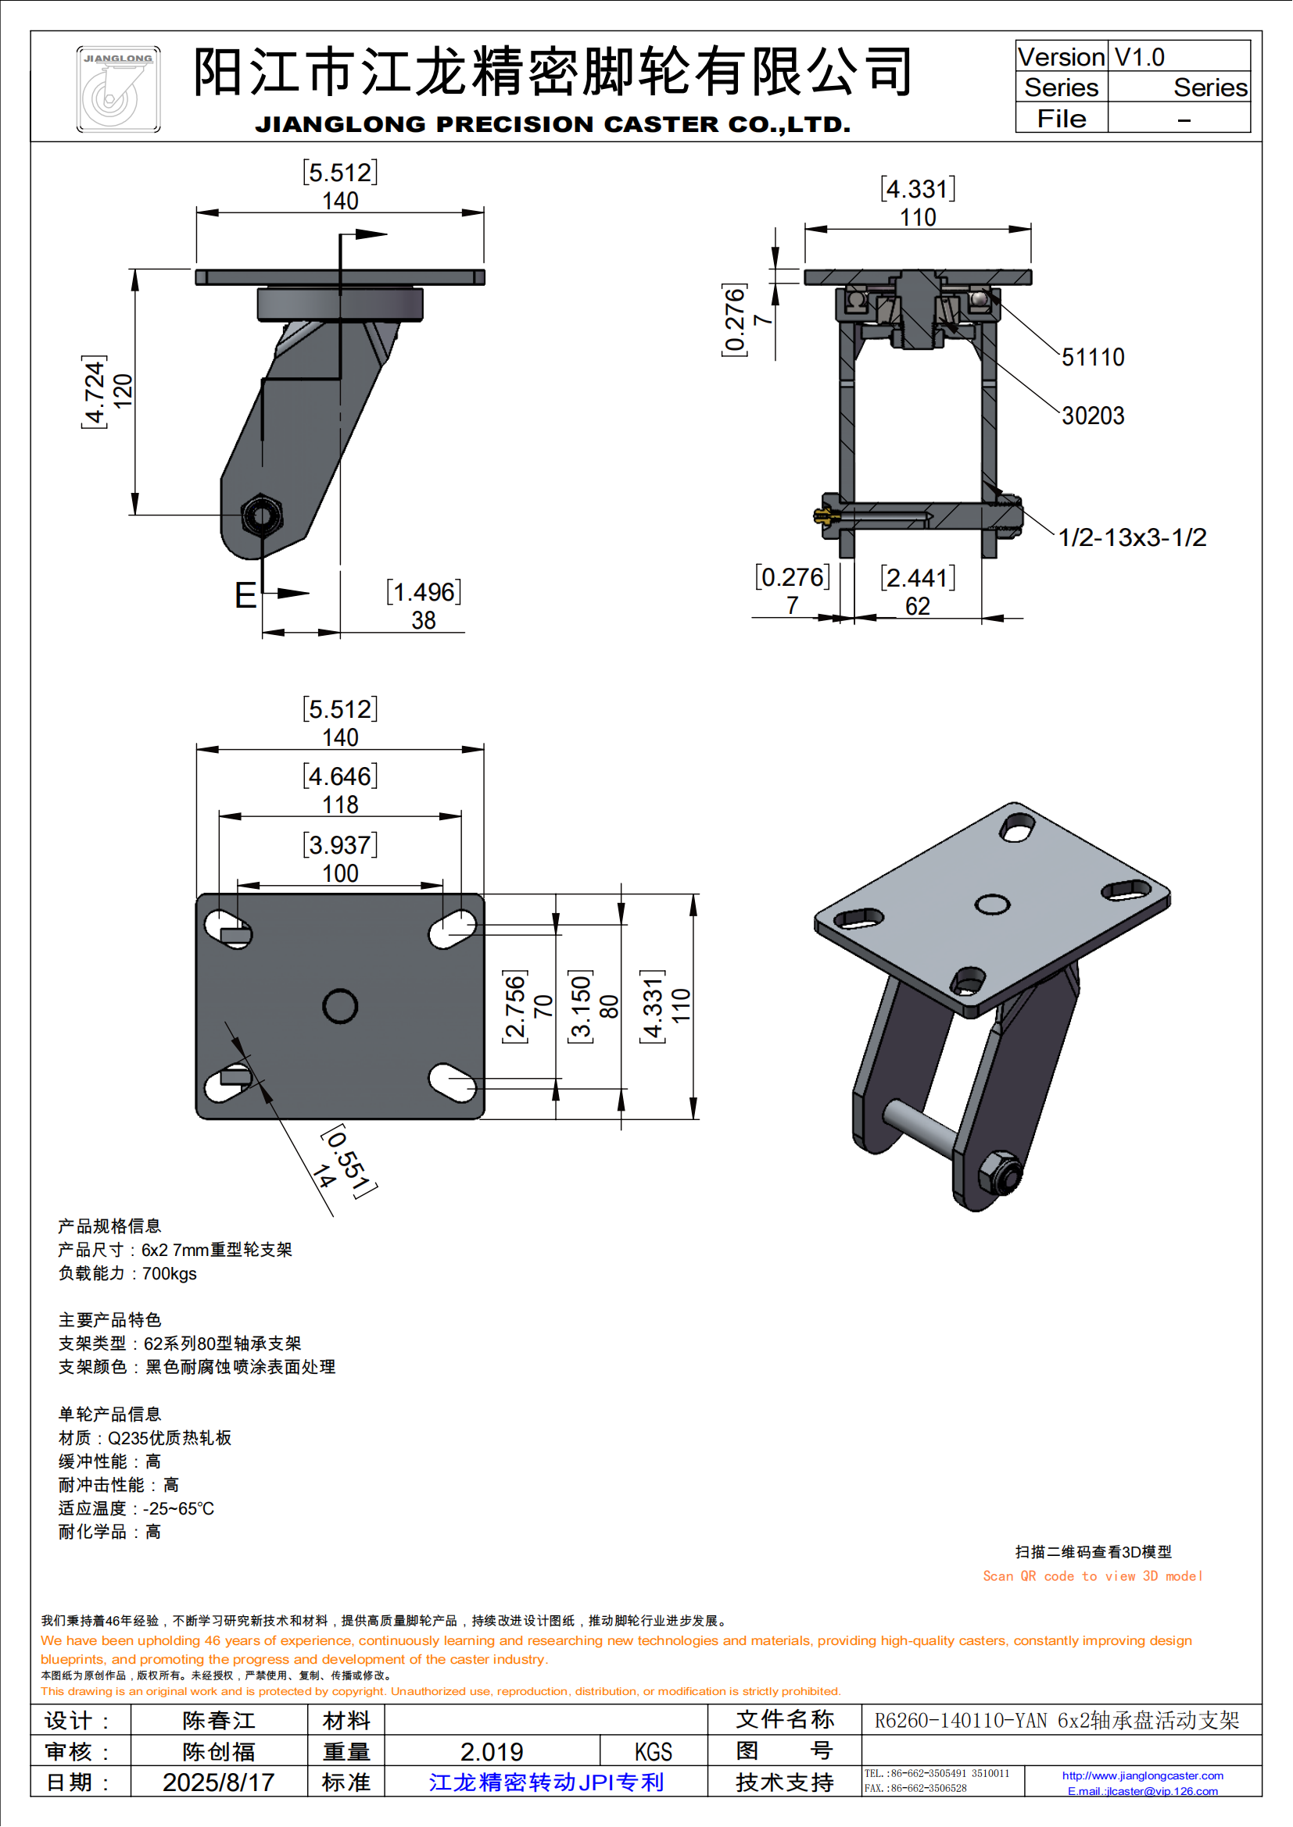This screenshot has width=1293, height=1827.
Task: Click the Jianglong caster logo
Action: (118, 89)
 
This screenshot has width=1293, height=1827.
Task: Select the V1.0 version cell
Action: (1139, 57)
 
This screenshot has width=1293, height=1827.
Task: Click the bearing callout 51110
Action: (1093, 357)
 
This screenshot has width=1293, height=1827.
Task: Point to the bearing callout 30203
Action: (1093, 416)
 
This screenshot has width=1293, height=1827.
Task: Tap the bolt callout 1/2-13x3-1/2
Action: (1131, 537)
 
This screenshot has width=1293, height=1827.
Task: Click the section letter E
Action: (245, 595)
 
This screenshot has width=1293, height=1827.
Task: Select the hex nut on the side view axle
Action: (260, 516)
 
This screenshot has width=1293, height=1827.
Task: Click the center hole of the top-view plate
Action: (340, 1006)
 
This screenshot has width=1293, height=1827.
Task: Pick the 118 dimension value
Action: (340, 805)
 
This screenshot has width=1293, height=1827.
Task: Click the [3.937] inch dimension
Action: (340, 844)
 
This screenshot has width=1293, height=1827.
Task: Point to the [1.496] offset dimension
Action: (424, 592)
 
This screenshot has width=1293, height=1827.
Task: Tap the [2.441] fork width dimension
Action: (917, 578)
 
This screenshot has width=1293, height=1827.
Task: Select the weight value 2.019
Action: (491, 1751)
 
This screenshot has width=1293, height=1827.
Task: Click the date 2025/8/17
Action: (218, 1782)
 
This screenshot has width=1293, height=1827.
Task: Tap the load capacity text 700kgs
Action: (169, 1273)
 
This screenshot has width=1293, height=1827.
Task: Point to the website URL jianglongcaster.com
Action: (1143, 1775)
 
